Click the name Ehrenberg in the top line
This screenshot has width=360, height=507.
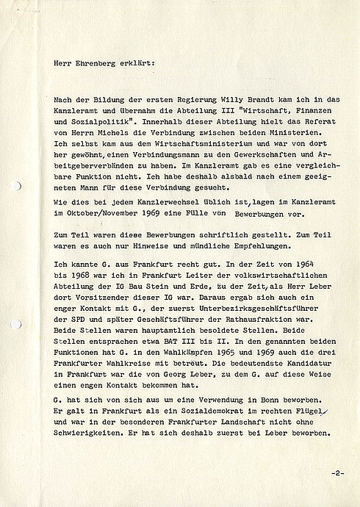101,63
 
